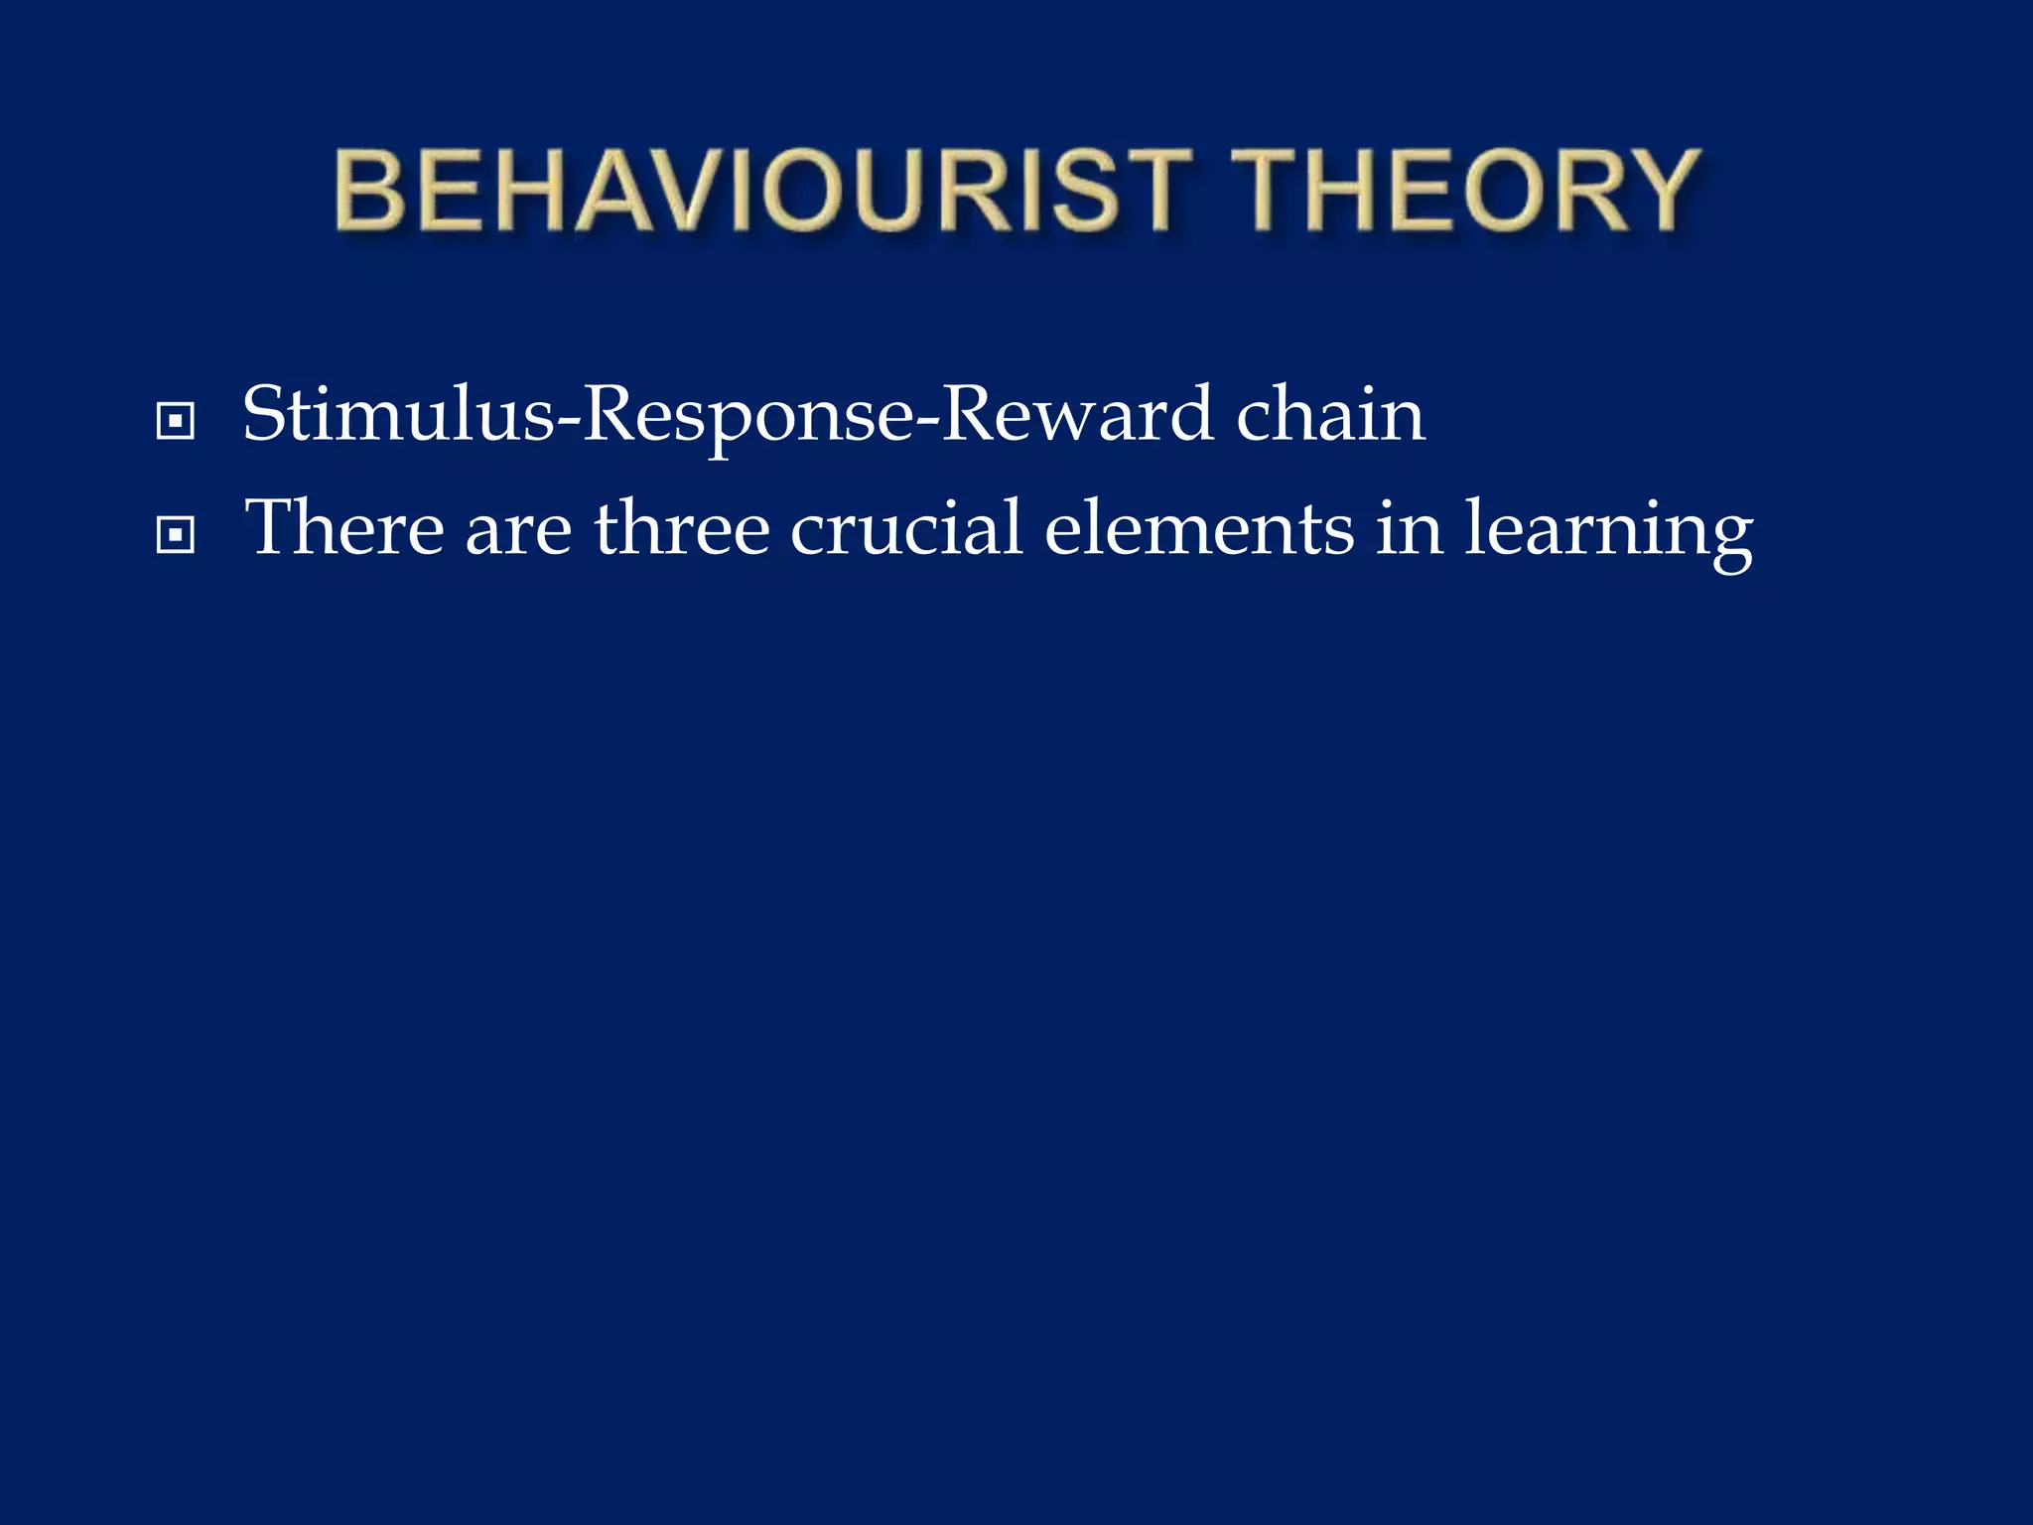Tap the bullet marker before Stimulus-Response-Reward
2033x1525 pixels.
176,421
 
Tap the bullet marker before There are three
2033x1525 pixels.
176,536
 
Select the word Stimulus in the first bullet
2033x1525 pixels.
398,415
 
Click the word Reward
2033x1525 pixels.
1076,415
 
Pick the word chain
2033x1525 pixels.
1330,415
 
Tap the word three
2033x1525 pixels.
682,528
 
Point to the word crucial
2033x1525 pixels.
906,528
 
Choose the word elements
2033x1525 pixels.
1199,528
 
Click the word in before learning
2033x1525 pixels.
1409,528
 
